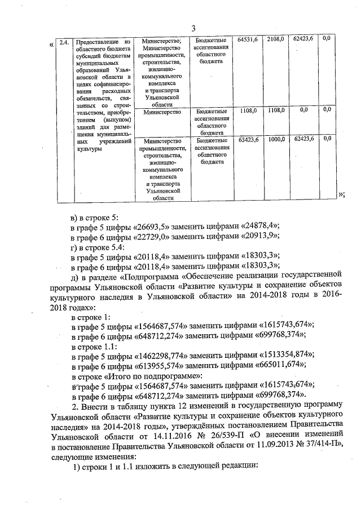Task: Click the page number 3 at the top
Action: (193, 29)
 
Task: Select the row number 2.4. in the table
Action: (65, 42)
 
